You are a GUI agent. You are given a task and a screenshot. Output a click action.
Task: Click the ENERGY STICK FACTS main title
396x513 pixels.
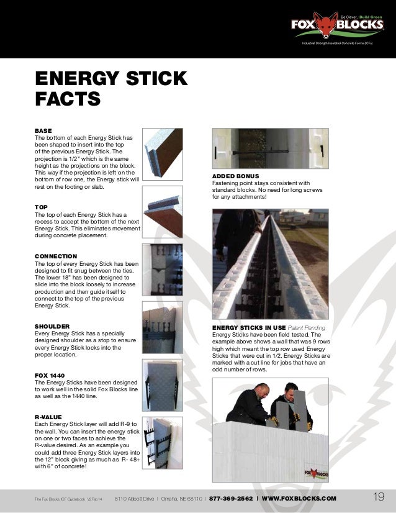pos(110,88)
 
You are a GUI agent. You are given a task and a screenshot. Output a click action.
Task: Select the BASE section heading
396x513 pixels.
pos(43,130)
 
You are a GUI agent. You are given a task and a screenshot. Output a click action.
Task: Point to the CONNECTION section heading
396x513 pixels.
pos(56,256)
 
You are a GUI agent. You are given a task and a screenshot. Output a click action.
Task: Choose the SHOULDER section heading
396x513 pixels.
pos(52,325)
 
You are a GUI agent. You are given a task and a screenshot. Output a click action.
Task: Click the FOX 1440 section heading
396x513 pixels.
pos(50,375)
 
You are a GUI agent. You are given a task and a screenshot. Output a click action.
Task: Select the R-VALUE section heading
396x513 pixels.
pos(48,417)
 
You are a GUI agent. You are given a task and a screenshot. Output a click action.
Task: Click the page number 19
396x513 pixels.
pos(379,497)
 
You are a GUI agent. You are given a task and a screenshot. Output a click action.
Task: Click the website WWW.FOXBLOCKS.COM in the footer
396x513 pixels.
pos(299,498)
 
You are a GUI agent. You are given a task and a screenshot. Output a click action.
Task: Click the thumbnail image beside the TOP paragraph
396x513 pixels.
pos(162,212)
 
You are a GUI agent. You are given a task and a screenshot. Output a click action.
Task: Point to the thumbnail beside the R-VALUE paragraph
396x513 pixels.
pos(162,435)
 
